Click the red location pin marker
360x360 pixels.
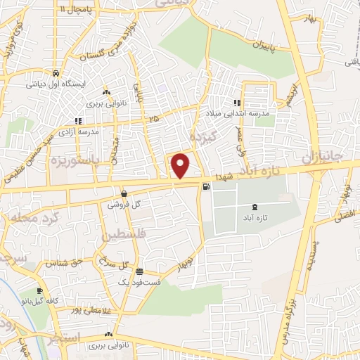(181, 165)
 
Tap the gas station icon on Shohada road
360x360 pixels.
(205, 186)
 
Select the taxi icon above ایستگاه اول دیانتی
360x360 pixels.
(55, 72)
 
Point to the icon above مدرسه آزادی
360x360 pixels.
(78, 121)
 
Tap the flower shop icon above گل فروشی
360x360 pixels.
(124, 194)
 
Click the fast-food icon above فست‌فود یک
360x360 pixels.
(139, 271)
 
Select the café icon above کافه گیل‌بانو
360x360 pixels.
(40, 291)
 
